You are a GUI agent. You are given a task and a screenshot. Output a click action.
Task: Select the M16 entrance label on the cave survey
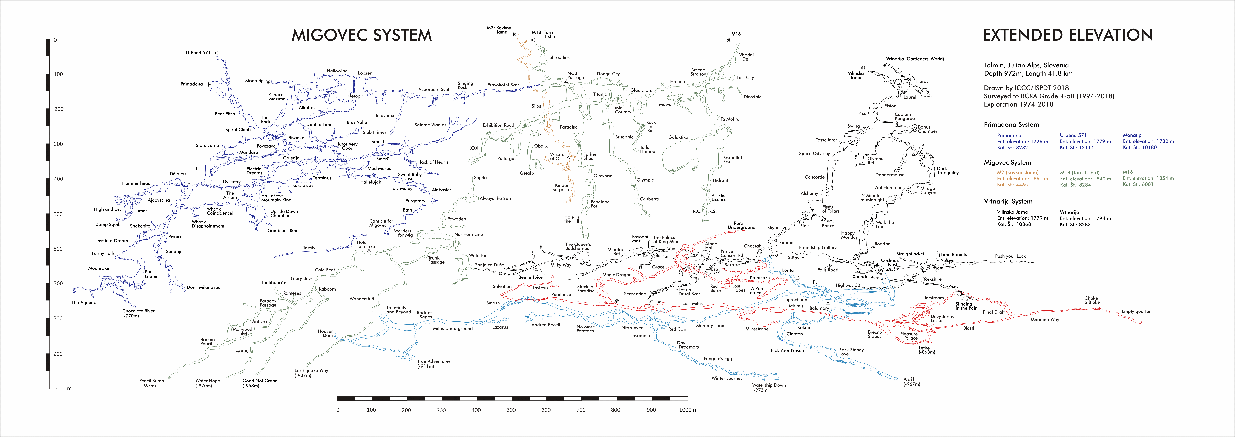click(736, 34)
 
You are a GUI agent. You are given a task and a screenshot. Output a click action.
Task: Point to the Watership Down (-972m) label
click(769, 387)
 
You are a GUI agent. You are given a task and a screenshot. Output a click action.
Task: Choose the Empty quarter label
click(1136, 311)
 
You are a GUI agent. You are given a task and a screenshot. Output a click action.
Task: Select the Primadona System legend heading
click(1011, 125)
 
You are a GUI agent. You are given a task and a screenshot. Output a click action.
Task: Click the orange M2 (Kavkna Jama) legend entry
click(1017, 172)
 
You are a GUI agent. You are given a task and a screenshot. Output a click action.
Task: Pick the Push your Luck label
click(1010, 256)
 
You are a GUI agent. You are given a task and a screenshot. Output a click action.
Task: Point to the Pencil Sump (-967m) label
click(151, 383)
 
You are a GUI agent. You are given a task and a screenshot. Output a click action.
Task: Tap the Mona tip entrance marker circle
click(268, 81)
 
